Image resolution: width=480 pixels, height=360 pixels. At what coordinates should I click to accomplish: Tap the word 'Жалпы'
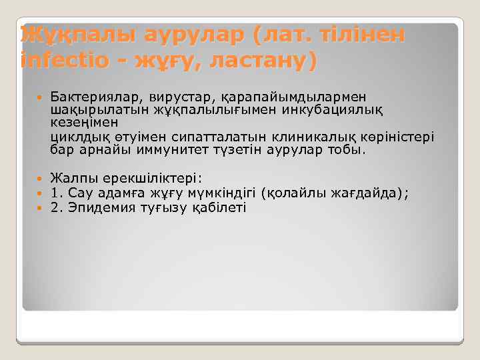pos(71,179)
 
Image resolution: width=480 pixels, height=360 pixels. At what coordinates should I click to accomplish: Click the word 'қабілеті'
pos(219,207)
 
